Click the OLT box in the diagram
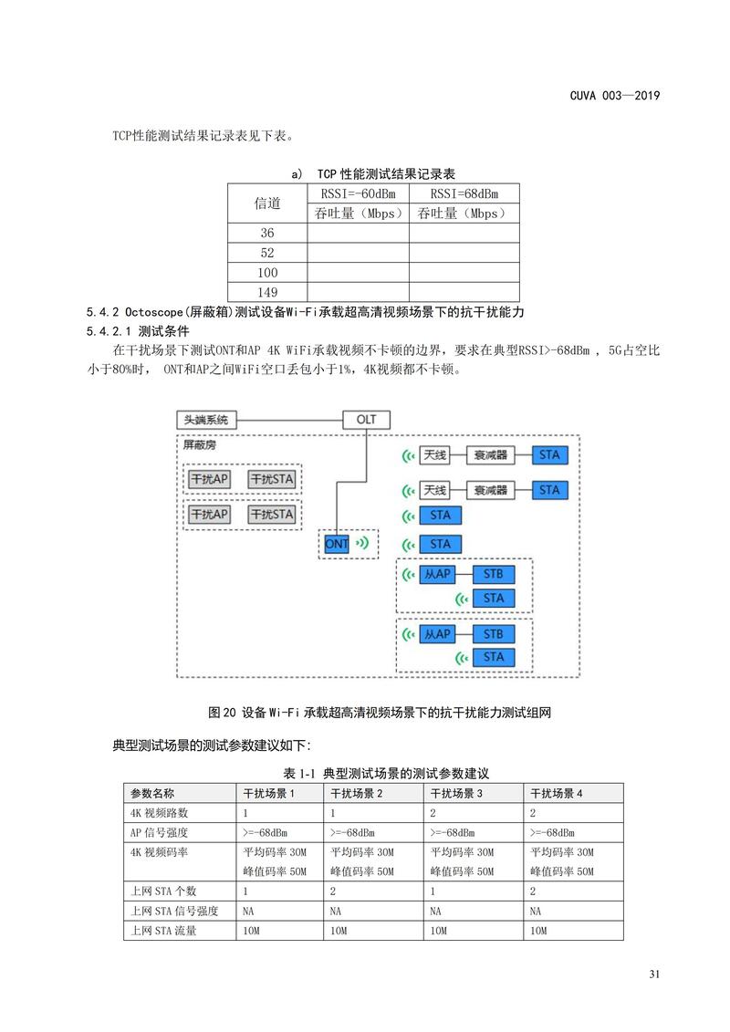point(366,420)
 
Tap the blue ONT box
point(337,544)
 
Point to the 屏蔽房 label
point(200,446)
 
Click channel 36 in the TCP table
point(266,234)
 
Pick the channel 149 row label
point(266,292)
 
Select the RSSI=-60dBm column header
point(358,193)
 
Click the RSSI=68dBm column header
point(464,193)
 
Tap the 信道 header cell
point(266,203)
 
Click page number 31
point(653,975)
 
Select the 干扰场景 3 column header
point(457,793)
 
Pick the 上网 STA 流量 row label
point(163,931)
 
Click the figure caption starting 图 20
point(381,713)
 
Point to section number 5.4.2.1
point(109,330)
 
